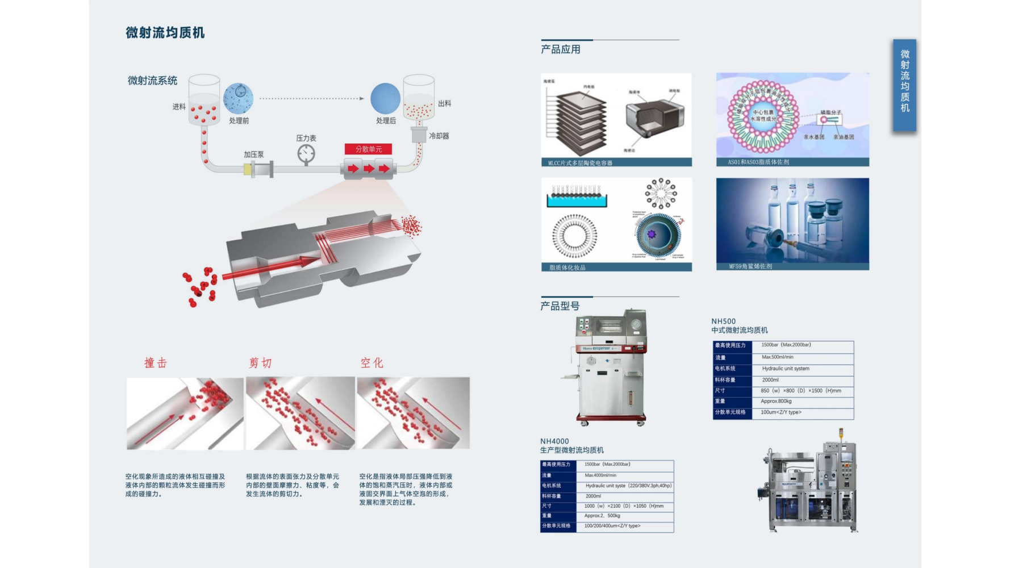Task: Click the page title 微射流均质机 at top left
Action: click(x=165, y=33)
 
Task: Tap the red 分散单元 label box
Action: click(x=369, y=149)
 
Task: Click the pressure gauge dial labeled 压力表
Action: click(x=306, y=153)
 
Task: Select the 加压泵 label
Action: click(x=254, y=154)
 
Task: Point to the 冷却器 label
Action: click(x=439, y=136)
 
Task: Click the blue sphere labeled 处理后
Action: click(x=386, y=98)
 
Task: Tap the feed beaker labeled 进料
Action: click(x=204, y=100)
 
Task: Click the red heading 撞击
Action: click(x=156, y=363)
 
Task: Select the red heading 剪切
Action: click(x=260, y=363)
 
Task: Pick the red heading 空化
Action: click(x=372, y=363)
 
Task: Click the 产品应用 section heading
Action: click(x=561, y=49)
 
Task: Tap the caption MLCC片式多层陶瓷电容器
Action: click(x=580, y=163)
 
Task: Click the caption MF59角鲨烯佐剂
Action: click(x=750, y=266)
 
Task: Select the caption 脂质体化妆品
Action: click(x=567, y=268)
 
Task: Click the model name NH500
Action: click(x=723, y=321)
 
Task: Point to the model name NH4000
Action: click(x=554, y=441)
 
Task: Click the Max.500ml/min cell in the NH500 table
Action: click(x=778, y=357)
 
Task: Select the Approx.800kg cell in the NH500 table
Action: click(x=776, y=401)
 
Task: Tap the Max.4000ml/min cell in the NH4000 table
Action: click(x=600, y=475)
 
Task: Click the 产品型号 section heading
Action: click(x=560, y=306)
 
